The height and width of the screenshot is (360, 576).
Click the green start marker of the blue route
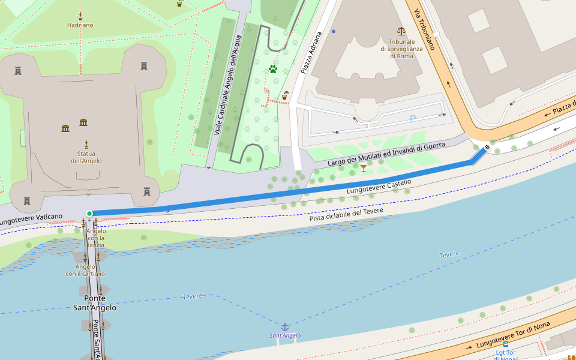(x=89, y=214)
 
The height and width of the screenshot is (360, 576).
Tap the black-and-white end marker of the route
(x=487, y=146)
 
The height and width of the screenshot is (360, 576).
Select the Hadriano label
(x=80, y=25)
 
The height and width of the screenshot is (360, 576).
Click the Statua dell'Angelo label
(x=86, y=157)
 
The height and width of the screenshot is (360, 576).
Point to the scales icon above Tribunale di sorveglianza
(x=401, y=31)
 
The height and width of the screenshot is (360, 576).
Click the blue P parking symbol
(x=412, y=119)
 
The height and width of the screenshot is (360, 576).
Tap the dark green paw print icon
(x=273, y=69)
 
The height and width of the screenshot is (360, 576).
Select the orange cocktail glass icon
(x=364, y=169)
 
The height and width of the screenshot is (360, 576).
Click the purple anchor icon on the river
(x=285, y=327)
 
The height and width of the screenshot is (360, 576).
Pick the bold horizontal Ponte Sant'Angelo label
(x=94, y=303)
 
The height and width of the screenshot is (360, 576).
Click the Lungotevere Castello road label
(x=379, y=187)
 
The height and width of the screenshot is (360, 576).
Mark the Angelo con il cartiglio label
(x=85, y=270)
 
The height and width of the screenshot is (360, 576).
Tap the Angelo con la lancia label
(x=96, y=238)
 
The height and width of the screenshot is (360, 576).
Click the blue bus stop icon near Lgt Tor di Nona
(x=506, y=345)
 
